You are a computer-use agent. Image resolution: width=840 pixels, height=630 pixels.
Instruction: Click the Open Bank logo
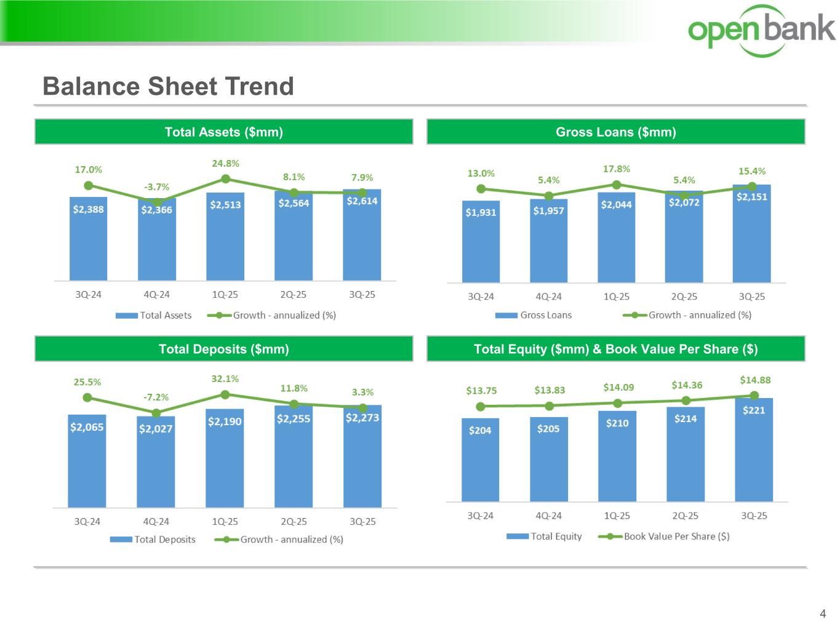[761, 30]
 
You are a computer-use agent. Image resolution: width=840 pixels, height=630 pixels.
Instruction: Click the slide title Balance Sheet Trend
[168, 87]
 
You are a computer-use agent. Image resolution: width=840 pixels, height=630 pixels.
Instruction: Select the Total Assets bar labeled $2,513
[225, 240]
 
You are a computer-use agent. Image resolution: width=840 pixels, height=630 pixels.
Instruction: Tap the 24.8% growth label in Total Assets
[225, 164]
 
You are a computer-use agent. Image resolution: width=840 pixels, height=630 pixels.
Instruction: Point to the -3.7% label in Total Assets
[156, 187]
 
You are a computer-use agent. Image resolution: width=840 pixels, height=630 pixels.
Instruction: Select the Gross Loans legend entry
[534, 315]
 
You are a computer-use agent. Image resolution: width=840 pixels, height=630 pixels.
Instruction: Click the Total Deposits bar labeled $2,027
[156, 465]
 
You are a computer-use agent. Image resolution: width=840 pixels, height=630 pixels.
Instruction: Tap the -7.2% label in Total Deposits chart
[156, 397]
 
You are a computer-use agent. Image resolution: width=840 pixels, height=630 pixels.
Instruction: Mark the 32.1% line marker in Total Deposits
[225, 394]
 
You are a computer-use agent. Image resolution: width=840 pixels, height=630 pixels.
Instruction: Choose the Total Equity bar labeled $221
[754, 452]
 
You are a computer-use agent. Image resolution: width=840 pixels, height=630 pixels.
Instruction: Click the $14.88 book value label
[755, 380]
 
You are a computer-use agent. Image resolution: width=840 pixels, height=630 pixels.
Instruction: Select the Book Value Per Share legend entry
[665, 536]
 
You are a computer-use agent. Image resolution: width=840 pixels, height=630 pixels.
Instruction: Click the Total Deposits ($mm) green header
[223, 349]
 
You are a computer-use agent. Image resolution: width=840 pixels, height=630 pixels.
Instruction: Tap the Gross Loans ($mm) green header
[615, 132]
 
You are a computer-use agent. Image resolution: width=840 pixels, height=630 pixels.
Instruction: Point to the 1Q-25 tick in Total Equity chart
[617, 516]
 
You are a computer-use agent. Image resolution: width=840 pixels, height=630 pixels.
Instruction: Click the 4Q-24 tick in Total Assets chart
[156, 295]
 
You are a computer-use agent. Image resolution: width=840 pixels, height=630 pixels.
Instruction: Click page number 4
[823, 613]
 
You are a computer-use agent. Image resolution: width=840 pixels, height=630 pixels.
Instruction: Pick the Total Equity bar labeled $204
[480, 461]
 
